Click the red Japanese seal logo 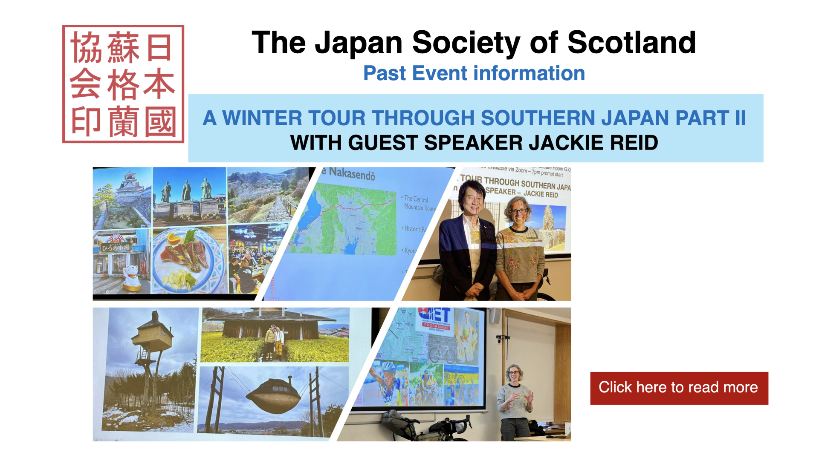[x=123, y=84]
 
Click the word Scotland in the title [x=631, y=43]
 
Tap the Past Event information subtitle [x=474, y=73]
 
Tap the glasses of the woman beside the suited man [x=518, y=210]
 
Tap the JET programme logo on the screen [x=436, y=318]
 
